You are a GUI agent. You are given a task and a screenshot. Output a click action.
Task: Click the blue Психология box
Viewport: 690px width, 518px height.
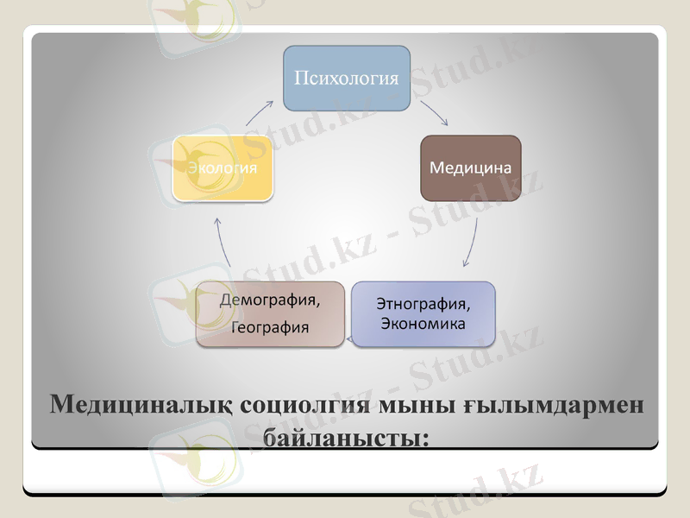(347, 78)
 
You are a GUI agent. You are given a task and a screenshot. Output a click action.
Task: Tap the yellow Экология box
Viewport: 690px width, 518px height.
(223, 167)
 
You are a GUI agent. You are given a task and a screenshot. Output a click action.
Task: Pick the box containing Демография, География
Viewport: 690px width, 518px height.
(269, 314)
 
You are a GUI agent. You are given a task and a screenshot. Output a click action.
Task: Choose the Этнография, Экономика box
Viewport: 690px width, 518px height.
(423, 314)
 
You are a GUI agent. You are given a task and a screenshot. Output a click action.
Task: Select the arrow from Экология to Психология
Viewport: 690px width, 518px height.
(258, 114)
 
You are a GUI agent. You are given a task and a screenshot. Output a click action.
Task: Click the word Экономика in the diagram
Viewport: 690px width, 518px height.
(423, 324)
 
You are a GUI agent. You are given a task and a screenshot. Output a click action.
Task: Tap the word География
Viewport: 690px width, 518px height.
(270, 327)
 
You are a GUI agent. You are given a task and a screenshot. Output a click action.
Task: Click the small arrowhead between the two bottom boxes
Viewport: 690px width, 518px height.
(349, 341)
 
